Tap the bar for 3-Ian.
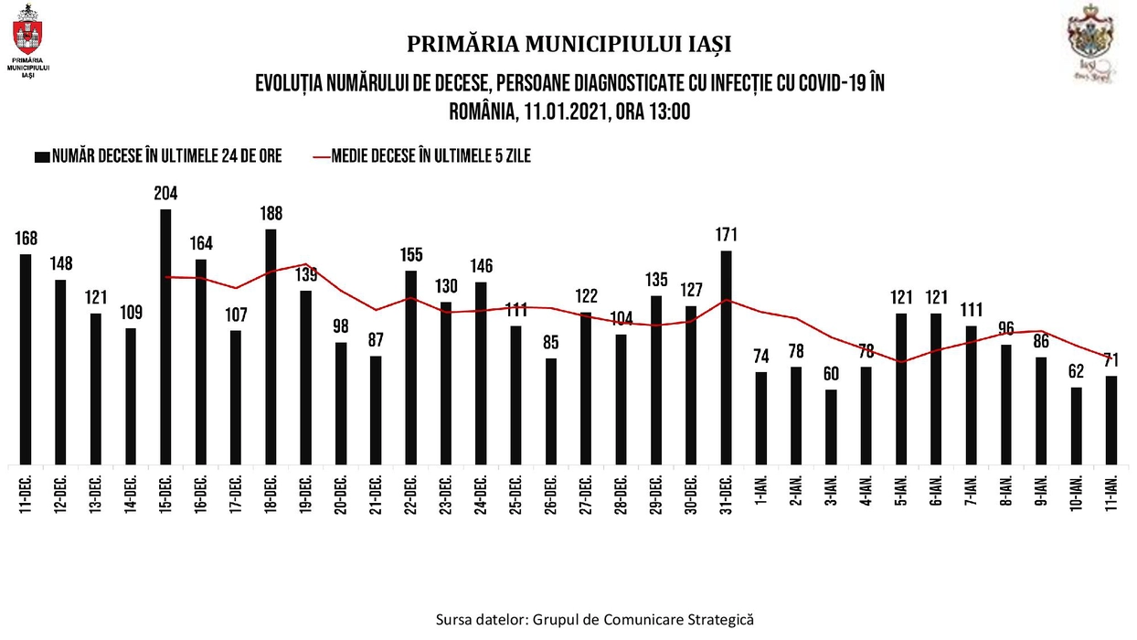[x=831, y=427]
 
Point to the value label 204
[x=165, y=194]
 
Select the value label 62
[x=1076, y=372]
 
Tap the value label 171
[x=727, y=235]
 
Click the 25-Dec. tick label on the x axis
[x=516, y=495]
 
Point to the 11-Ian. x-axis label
[x=1112, y=495]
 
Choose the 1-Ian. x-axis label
[x=761, y=495]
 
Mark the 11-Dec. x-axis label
[x=26, y=495]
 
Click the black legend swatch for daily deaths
[x=42, y=156]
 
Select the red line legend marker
[x=321, y=156]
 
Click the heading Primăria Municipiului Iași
[x=568, y=44]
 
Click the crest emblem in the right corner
[x=1094, y=37]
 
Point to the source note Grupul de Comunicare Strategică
[x=595, y=619]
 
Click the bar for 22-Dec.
[x=411, y=367]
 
